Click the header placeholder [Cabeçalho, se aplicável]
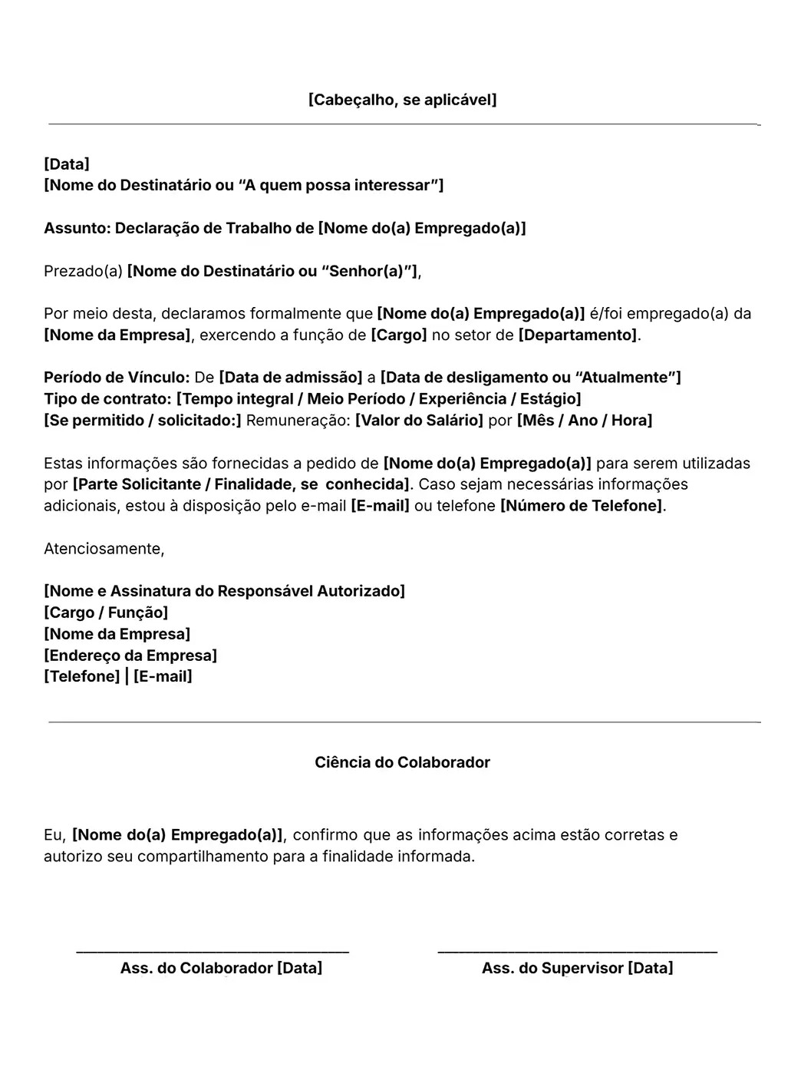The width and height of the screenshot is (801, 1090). pyautogui.click(x=402, y=100)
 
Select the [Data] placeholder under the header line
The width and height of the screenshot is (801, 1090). pyautogui.click(x=67, y=164)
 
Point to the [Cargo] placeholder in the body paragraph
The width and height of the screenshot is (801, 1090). pyautogui.click(x=399, y=335)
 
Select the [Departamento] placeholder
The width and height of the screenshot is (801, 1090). pyautogui.click(x=578, y=335)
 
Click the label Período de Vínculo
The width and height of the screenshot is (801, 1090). pyautogui.click(x=117, y=378)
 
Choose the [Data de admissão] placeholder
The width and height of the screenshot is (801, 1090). pyautogui.click(x=290, y=378)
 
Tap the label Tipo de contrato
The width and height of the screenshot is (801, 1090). pyautogui.click(x=107, y=399)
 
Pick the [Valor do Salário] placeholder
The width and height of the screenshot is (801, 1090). pyautogui.click(x=419, y=421)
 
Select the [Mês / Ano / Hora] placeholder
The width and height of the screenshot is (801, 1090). pyautogui.click(x=585, y=421)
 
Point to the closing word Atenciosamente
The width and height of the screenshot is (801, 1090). pyautogui.click(x=104, y=549)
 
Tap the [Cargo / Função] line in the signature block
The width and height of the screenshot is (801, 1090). pyautogui.click(x=106, y=613)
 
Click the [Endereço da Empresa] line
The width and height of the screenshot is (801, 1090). pyautogui.click(x=130, y=656)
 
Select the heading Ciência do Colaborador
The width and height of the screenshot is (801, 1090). pyautogui.click(x=402, y=762)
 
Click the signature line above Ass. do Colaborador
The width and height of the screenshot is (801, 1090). pyautogui.click(x=213, y=952)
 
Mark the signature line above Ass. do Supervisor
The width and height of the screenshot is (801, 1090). pyautogui.click(x=577, y=952)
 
